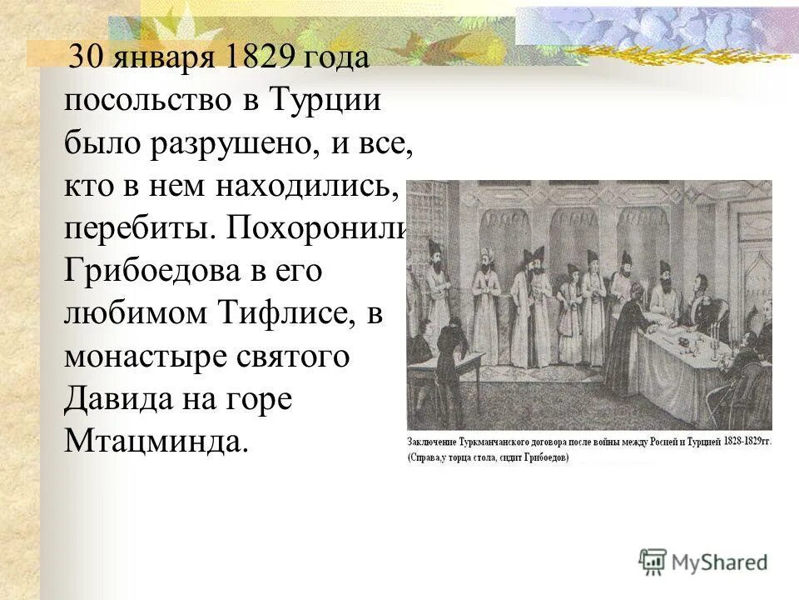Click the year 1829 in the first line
click(263, 59)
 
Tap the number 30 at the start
click(85, 59)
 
